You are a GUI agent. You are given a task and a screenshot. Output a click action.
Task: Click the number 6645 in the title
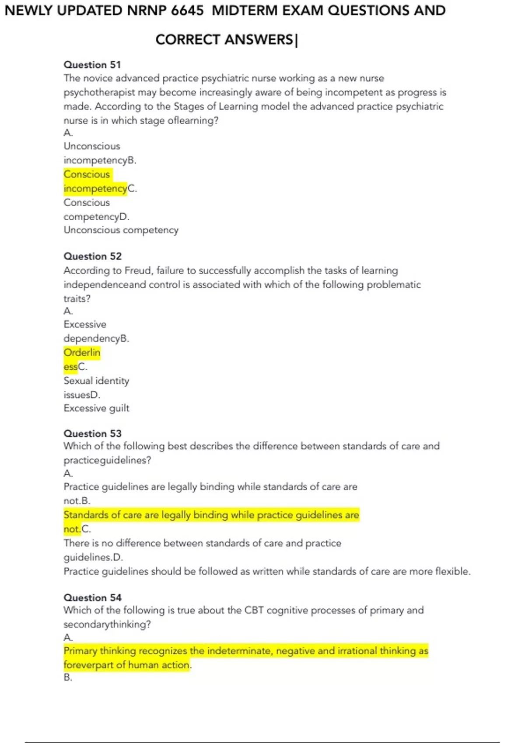pyautogui.click(x=187, y=10)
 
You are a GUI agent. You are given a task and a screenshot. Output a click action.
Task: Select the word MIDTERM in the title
pyautogui.click(x=245, y=10)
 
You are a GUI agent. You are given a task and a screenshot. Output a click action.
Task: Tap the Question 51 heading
pyautogui.click(x=92, y=65)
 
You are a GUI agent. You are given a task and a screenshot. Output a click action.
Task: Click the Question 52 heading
pyautogui.click(x=92, y=256)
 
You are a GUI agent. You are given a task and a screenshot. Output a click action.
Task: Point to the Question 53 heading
pyautogui.click(x=92, y=434)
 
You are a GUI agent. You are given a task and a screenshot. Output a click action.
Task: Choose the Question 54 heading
pyautogui.click(x=92, y=597)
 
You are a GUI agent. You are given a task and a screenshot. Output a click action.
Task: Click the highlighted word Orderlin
pyautogui.click(x=82, y=353)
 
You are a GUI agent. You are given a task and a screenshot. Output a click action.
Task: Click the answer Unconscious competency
pyautogui.click(x=121, y=230)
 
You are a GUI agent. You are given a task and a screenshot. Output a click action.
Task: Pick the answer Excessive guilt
pyautogui.click(x=96, y=408)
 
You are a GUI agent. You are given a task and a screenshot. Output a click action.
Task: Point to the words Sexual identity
pyautogui.click(x=96, y=381)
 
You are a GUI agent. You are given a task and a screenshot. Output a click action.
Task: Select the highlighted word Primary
pyautogui.click(x=80, y=651)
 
